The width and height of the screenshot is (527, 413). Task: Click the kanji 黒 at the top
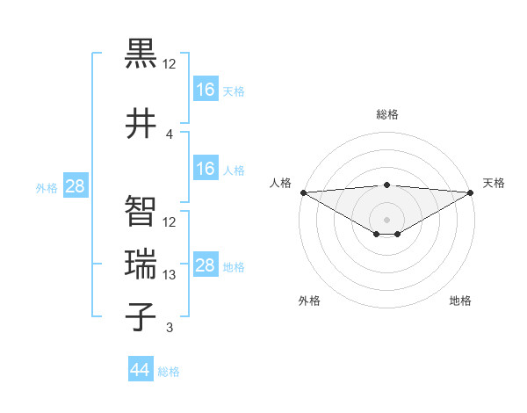(x=141, y=54)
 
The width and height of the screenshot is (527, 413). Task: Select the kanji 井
(x=141, y=123)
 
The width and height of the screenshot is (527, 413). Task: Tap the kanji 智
(x=141, y=211)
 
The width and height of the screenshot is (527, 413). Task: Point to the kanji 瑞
(x=141, y=264)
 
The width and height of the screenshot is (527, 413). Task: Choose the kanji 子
(x=141, y=317)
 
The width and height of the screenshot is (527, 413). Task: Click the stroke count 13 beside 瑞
(x=170, y=275)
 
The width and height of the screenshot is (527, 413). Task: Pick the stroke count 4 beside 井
(x=170, y=134)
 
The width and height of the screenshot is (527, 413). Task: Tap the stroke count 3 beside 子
(x=170, y=329)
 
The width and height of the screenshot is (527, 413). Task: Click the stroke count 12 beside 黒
(x=170, y=64)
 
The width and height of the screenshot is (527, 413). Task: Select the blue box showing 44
(x=141, y=370)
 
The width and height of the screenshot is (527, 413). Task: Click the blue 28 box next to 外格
(x=75, y=187)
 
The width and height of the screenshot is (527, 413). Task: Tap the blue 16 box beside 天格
(x=205, y=89)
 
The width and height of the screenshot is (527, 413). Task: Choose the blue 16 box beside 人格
(x=205, y=169)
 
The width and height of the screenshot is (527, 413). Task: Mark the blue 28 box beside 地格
(x=205, y=265)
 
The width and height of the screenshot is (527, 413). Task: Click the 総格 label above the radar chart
(x=387, y=114)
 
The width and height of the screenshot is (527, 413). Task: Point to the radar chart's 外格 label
(x=309, y=301)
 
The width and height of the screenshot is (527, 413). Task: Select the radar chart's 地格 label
(x=460, y=301)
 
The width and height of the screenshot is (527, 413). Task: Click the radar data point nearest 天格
(x=471, y=192)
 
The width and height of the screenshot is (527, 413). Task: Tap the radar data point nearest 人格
(x=303, y=192)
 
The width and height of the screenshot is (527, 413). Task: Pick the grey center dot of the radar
(x=386, y=218)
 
